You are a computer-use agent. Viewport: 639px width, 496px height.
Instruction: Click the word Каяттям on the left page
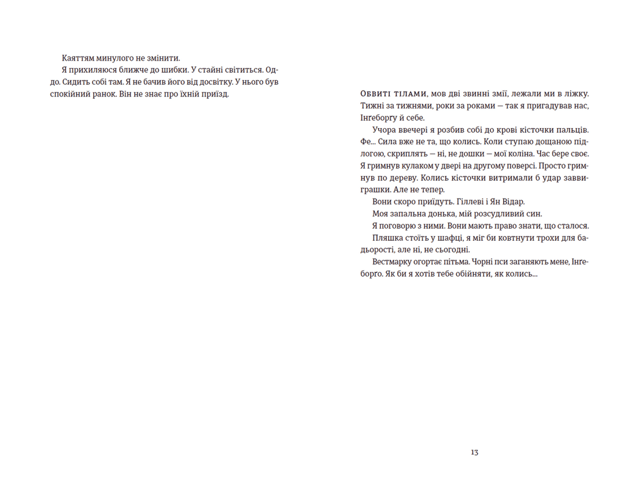[78, 58]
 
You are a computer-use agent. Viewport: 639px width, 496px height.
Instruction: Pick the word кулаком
[410, 166]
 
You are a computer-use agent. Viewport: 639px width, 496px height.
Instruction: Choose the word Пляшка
[387, 238]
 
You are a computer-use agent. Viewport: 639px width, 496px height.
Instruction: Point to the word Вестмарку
[394, 262]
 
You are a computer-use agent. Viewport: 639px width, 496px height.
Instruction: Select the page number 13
[474, 453]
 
